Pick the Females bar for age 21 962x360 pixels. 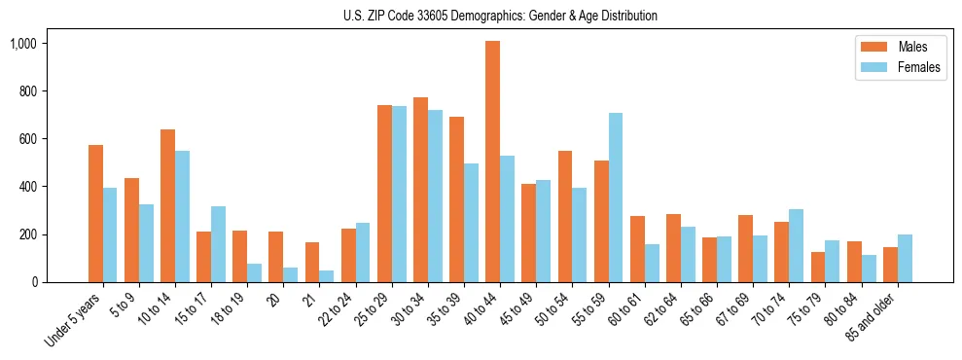[x=327, y=276]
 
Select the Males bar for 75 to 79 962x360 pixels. [x=818, y=268]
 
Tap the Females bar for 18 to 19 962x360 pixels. [x=254, y=273]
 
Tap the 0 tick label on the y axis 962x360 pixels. [x=33, y=282]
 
